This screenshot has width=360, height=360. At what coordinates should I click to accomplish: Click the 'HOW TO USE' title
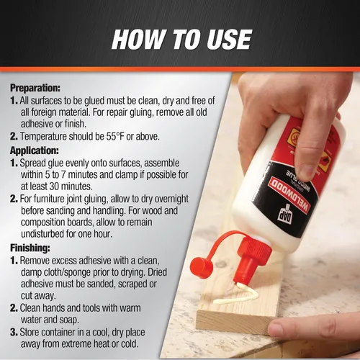[181, 40]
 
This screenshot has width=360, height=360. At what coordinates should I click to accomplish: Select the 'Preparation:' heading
[35, 88]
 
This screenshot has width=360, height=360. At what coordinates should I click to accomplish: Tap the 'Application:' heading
[35, 150]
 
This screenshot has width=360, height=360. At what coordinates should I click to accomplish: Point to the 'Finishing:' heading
[30, 248]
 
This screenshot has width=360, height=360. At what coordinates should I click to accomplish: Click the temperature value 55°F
[115, 137]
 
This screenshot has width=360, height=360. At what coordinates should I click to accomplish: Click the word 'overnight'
[171, 199]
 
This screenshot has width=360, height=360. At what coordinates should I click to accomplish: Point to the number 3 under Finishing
[14, 333]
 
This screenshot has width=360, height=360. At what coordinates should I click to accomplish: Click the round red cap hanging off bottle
[201, 268]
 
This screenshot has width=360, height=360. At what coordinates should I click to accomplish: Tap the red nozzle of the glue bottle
[250, 261]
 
